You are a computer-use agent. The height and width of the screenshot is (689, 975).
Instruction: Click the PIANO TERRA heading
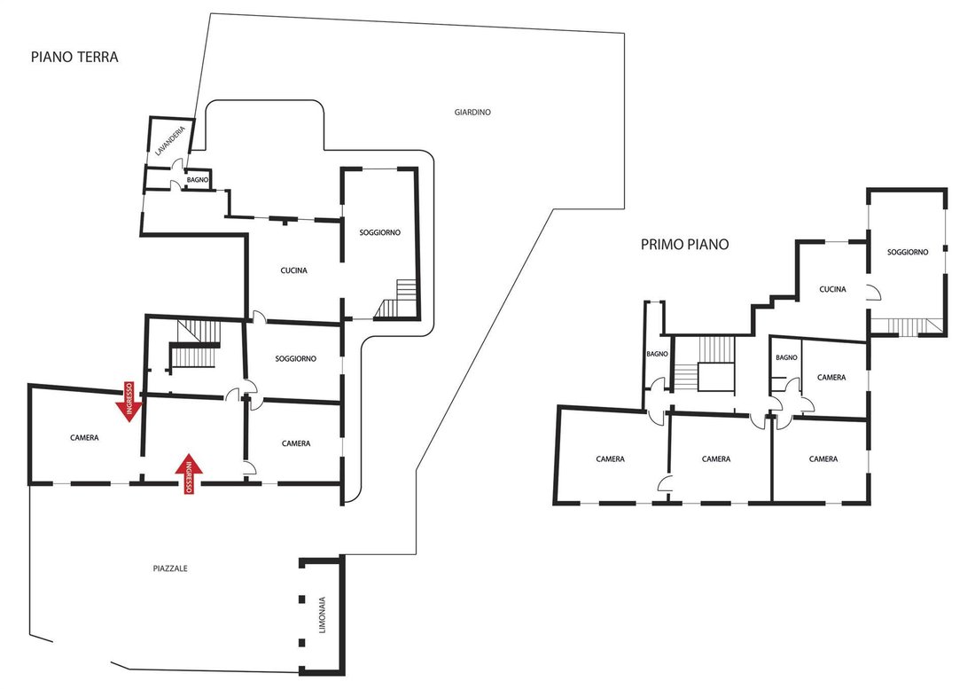pos(74,58)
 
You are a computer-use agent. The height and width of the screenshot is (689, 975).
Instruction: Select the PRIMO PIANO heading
pos(684,245)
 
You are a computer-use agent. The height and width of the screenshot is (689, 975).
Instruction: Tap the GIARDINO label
pos(472,113)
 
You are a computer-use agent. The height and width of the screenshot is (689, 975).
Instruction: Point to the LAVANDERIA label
pos(170,141)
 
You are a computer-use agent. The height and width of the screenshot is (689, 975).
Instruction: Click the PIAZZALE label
pos(170,568)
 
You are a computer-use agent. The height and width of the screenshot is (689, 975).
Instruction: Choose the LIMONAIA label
pos(322,615)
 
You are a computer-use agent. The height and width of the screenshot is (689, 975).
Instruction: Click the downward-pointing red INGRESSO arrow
pos(129,402)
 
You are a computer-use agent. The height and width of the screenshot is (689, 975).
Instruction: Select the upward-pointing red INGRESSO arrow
pos(189,474)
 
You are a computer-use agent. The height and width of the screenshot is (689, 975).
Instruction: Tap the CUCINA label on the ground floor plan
pos(294,270)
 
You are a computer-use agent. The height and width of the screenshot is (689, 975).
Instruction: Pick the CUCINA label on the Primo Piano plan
pos(832,289)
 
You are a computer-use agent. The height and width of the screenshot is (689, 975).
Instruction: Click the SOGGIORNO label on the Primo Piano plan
pos(908,252)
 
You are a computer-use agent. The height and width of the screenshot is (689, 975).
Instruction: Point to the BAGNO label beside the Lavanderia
pos(198,180)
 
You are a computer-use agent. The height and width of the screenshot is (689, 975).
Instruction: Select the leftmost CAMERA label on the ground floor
pos(84,438)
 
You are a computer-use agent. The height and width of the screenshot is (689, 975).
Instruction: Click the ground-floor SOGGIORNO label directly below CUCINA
pos(296,359)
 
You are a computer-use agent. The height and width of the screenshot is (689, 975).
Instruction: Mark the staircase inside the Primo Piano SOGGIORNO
pos(907,326)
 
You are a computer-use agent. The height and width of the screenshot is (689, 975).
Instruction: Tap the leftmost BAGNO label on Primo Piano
pos(658,354)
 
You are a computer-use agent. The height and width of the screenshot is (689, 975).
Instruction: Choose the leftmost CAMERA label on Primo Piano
pos(611,459)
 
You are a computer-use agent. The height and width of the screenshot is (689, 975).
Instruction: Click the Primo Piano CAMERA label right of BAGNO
pos(831,378)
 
